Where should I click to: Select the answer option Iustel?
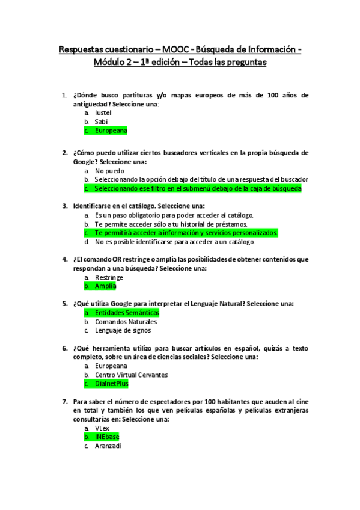click(103, 112)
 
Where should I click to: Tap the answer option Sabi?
click(101, 121)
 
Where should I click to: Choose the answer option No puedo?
click(110, 170)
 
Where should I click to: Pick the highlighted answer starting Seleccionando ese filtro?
click(198, 188)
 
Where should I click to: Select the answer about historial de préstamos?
click(171, 224)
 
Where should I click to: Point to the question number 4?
click(64, 259)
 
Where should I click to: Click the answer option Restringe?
click(109, 277)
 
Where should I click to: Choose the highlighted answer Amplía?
click(105, 286)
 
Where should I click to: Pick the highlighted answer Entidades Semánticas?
click(127, 313)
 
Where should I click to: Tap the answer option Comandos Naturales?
click(126, 321)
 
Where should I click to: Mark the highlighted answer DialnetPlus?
click(111, 384)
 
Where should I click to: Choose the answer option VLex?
click(102, 428)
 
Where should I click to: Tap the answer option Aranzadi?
click(108, 446)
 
